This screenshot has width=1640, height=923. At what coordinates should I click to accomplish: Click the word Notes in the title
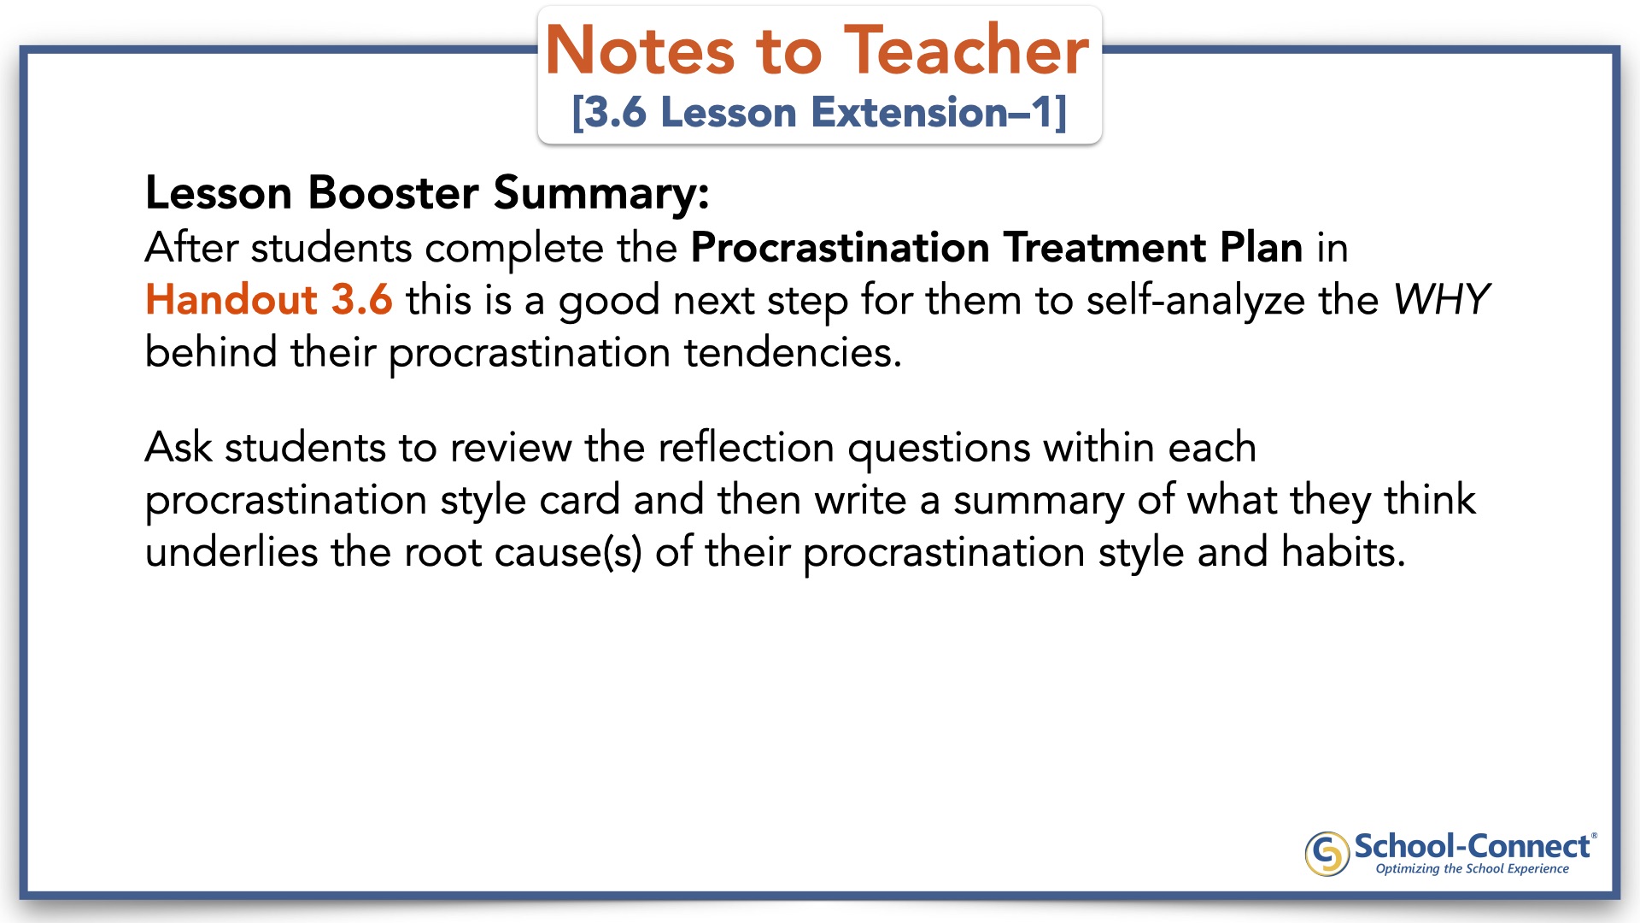640,50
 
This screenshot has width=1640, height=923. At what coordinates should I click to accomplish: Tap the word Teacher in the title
967,50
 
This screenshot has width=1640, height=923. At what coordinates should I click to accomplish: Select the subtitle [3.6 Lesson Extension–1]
819,113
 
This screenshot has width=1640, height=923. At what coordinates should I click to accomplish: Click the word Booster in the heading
393,192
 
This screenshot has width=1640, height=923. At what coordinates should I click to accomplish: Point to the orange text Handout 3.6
269,300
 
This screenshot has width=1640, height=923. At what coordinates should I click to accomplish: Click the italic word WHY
1441,300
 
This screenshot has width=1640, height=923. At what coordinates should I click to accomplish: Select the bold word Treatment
1104,248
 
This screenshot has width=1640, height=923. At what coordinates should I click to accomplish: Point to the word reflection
747,448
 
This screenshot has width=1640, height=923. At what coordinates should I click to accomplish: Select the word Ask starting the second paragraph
179,448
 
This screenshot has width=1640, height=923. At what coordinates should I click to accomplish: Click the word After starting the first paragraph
191,248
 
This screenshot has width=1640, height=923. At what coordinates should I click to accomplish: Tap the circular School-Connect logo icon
1327,854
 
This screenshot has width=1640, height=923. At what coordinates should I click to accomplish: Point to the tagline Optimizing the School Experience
1472,869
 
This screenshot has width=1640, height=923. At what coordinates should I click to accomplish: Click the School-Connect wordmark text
1472,846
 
